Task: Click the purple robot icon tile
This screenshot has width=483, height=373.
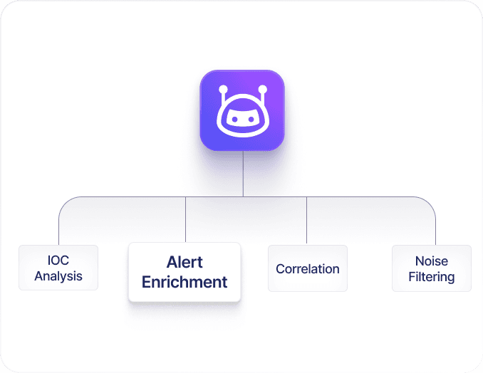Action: (x=242, y=110)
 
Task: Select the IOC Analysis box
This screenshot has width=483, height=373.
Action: (x=58, y=268)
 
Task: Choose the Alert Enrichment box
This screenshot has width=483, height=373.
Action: (x=185, y=272)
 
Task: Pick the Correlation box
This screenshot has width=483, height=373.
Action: (x=308, y=268)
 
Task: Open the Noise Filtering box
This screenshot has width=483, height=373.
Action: (x=432, y=268)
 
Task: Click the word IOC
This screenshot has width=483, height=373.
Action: (x=58, y=261)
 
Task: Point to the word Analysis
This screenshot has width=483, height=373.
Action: (x=58, y=276)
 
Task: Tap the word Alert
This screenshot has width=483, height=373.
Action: (x=185, y=262)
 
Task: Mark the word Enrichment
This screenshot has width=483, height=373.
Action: (x=185, y=282)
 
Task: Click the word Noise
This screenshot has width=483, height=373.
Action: (x=432, y=261)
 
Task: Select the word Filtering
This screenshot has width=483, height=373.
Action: (x=432, y=276)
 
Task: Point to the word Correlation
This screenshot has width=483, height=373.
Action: (x=308, y=269)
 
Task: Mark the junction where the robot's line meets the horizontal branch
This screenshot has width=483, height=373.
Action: (x=243, y=196)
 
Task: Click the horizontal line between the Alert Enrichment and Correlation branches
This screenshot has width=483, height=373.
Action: (x=274, y=196)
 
